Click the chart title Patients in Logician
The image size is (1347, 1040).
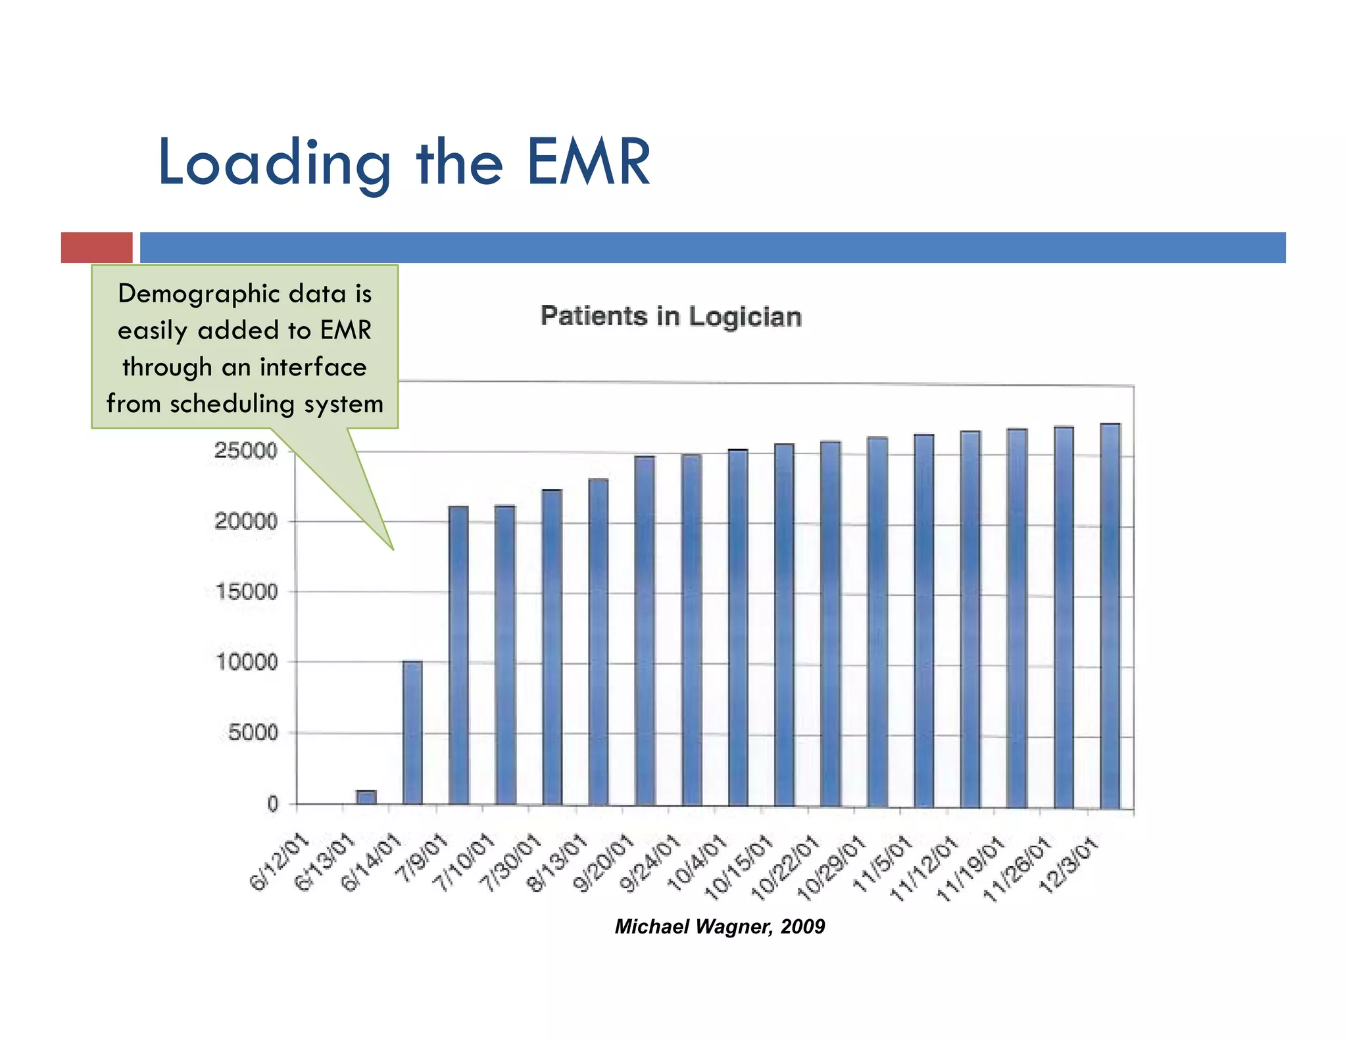[671, 316]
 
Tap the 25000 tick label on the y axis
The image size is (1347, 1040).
[245, 451]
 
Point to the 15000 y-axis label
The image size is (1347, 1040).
[247, 592]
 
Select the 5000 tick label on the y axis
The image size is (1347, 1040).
[253, 732]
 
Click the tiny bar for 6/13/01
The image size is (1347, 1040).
[366, 797]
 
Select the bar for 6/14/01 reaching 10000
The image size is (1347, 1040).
[412, 733]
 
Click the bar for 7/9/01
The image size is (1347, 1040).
[458, 655]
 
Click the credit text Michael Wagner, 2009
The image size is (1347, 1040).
[720, 926]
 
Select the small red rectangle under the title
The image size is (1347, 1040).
[97, 248]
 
